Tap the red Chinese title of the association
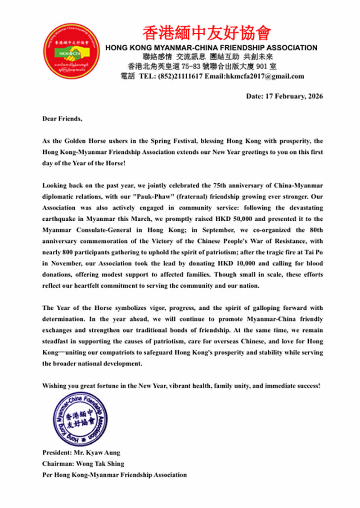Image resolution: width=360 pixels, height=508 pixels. click(x=207, y=33)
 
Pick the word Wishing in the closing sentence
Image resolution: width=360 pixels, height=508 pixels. click(x=54, y=386)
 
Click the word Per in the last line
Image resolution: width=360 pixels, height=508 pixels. click(x=48, y=475)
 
